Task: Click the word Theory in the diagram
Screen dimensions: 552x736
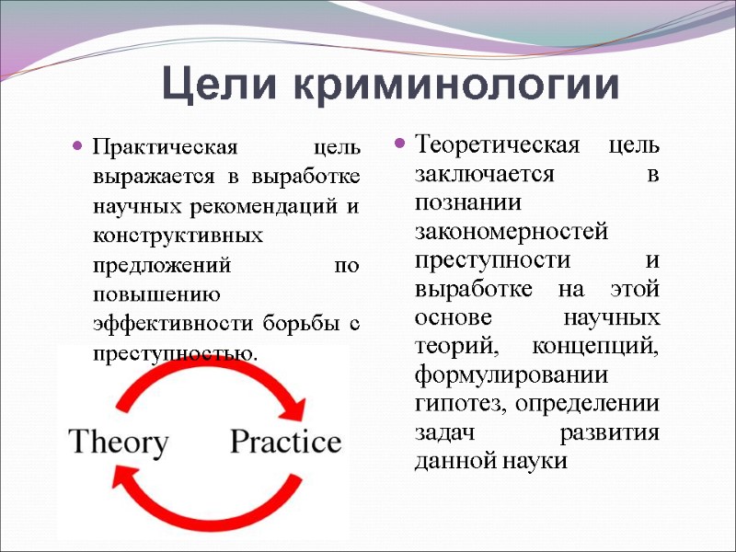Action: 119,443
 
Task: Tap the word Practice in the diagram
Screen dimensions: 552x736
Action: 285,443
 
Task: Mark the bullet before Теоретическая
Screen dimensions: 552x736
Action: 400,145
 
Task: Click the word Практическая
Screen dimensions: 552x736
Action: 167,147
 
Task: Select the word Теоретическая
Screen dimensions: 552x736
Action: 498,145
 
